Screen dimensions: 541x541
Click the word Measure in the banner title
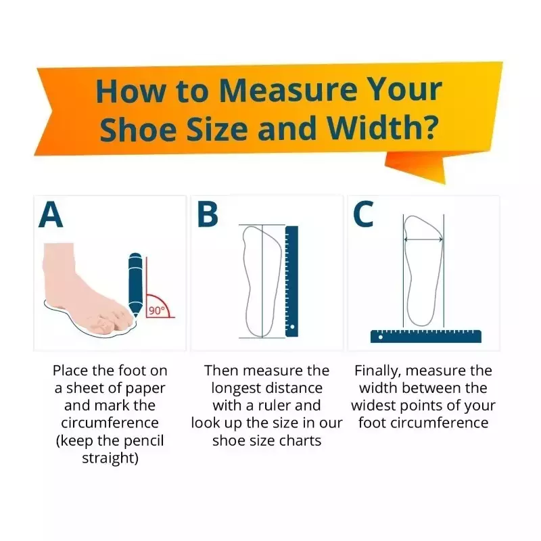288,91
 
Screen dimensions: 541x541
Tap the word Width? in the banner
382,128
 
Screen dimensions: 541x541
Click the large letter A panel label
51,215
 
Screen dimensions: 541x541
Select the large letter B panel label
208,214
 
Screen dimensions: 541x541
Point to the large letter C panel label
363,214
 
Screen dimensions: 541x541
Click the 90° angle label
156,311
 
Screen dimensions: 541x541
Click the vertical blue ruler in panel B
291,281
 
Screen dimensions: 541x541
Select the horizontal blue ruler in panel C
426,336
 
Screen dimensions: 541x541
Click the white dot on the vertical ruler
292,327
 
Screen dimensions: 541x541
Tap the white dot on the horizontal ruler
380,337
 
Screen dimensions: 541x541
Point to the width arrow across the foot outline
423,239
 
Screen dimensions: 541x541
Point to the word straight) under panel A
110,458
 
